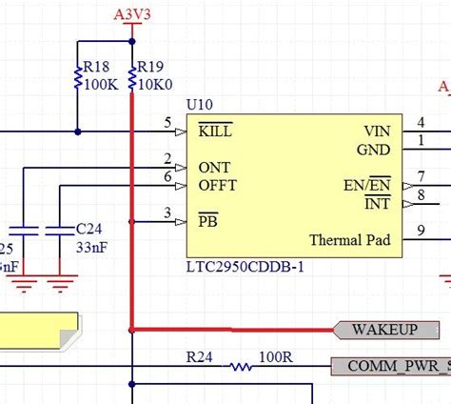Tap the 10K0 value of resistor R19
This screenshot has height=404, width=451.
[155, 84]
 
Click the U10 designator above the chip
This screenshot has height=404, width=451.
[199, 103]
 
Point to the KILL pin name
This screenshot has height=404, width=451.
[215, 131]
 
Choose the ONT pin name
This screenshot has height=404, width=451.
[214, 167]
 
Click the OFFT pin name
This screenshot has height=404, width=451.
[217, 185]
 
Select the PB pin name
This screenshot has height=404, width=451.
[208, 221]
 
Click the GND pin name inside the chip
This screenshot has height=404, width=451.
[373, 149]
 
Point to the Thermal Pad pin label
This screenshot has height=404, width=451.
[349, 239]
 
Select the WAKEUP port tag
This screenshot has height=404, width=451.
[385, 330]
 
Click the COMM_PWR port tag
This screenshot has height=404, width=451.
[390, 365]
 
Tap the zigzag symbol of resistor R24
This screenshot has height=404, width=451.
[243, 366]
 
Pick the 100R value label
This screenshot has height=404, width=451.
[275, 355]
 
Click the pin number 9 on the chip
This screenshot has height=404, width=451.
[422, 230]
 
